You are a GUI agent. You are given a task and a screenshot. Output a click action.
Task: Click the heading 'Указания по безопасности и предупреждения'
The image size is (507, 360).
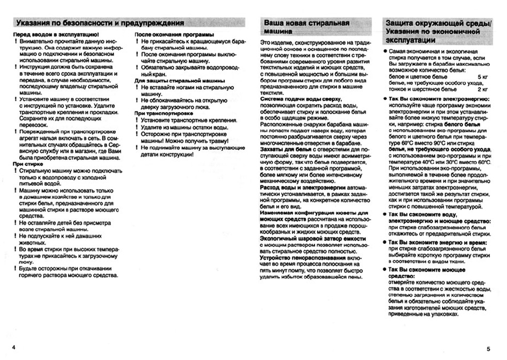[100, 23]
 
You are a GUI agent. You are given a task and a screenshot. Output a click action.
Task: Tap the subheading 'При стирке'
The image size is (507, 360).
[26, 164]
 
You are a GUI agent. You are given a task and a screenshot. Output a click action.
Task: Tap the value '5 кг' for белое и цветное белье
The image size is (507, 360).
[483, 77]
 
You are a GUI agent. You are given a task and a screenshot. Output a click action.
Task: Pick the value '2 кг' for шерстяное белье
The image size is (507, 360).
[483, 90]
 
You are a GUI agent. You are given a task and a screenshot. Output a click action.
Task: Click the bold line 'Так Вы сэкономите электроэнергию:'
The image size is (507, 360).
[439, 99]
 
